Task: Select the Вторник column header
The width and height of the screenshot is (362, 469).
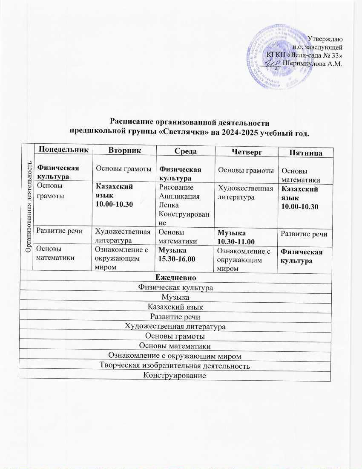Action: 125,150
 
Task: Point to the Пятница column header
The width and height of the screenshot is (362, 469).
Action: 305,152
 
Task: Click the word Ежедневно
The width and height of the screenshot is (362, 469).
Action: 175,278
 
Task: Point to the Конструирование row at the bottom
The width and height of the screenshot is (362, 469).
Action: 175,376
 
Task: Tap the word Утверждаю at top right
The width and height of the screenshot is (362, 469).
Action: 328,39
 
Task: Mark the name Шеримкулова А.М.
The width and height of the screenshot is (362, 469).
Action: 313,63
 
